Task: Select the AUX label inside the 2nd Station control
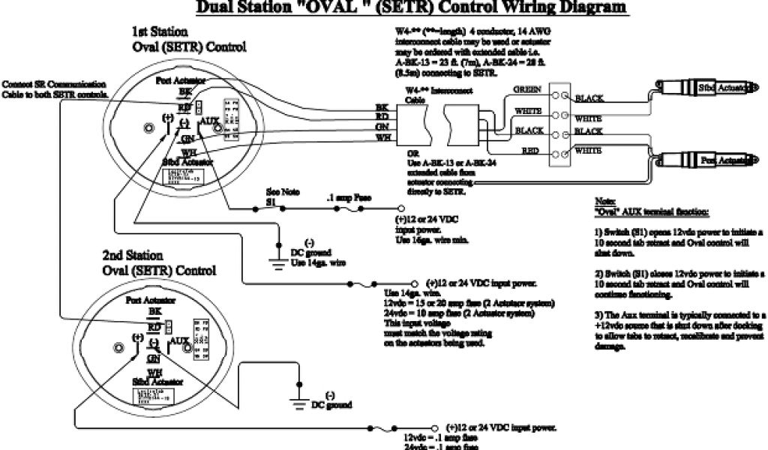178,340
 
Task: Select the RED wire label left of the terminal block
531,151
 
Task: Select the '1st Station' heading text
155,32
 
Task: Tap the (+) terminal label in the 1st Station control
167,118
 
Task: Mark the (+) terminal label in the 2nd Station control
137,338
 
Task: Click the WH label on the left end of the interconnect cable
382,138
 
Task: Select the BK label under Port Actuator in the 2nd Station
154,310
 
